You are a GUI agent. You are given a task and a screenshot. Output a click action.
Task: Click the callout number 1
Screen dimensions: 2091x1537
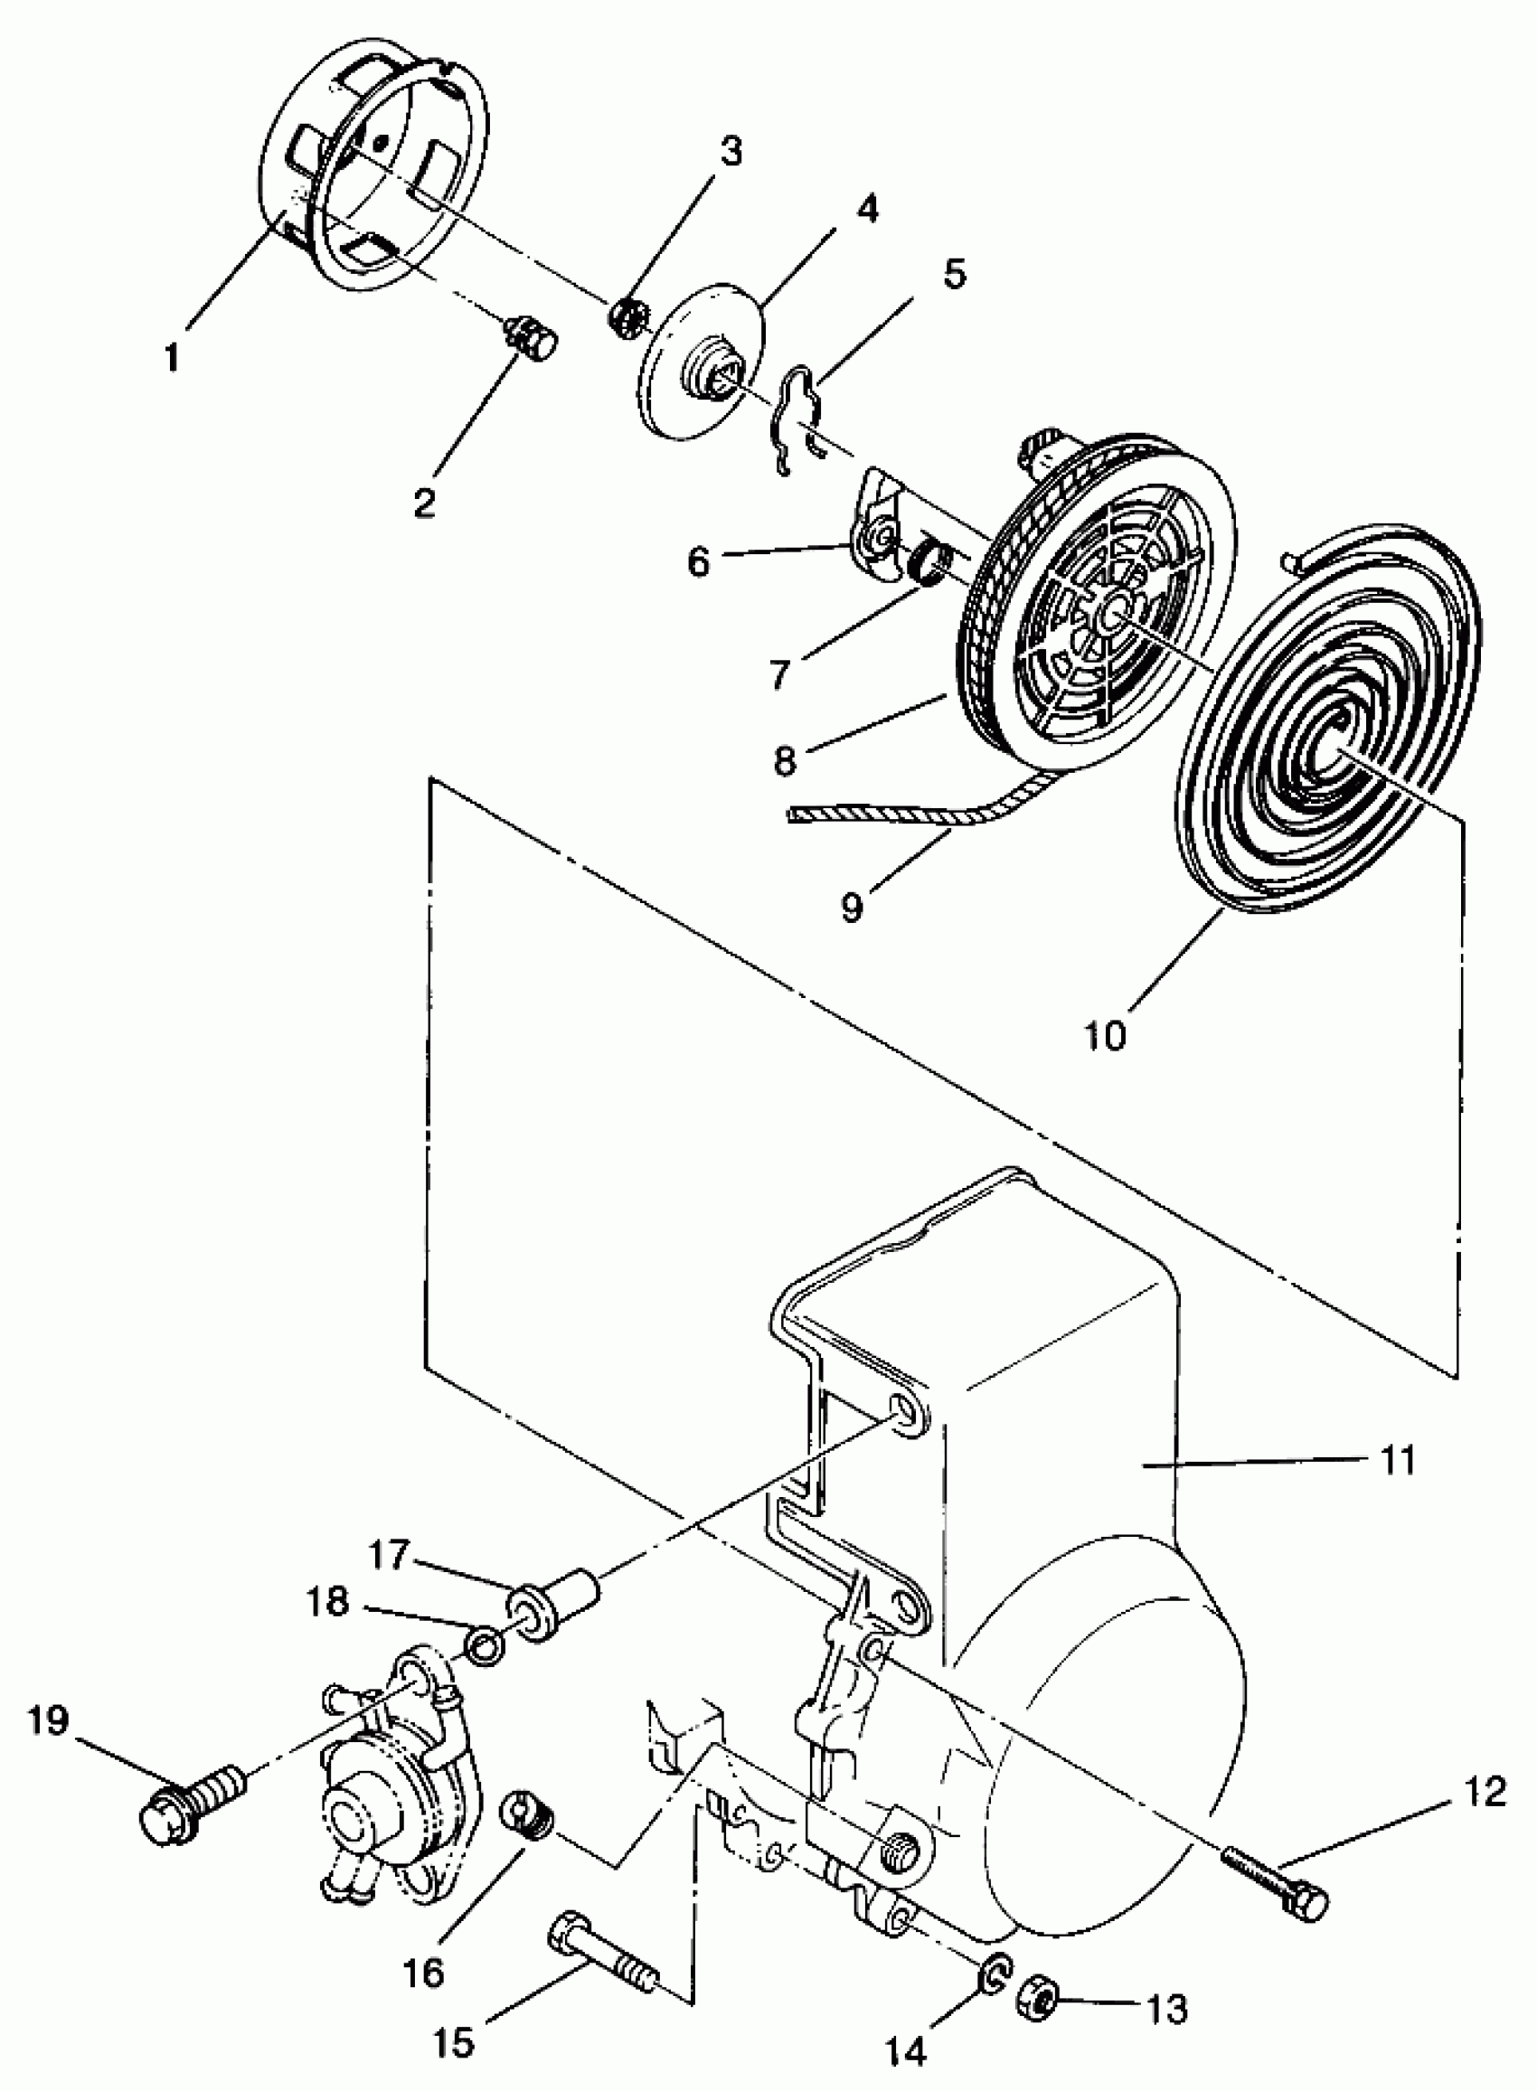(x=171, y=356)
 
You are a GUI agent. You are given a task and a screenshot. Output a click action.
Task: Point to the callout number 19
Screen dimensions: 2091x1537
(x=49, y=1719)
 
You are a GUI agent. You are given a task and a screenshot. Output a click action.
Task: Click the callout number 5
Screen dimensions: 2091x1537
(x=954, y=276)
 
